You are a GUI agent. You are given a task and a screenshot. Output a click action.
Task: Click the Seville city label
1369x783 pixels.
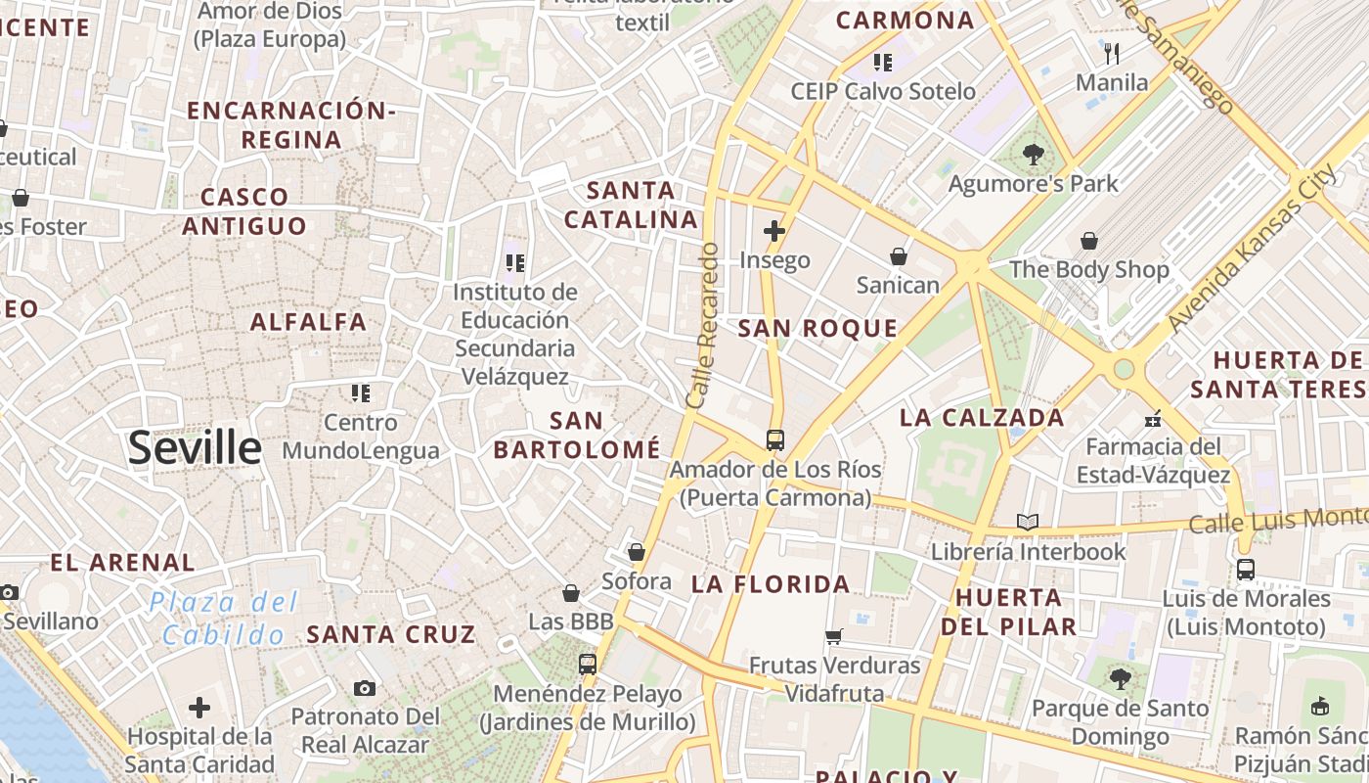tap(195, 448)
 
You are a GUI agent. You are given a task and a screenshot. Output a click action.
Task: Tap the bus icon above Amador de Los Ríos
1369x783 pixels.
tap(775, 439)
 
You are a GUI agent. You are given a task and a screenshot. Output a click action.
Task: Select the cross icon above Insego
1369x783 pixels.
tap(774, 231)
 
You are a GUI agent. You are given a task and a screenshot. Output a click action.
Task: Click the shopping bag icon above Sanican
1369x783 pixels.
tap(899, 256)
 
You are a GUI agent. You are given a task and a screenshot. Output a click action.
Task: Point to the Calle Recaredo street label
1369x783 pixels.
tap(703, 326)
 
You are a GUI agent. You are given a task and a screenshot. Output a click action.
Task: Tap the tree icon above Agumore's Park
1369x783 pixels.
tap(1033, 154)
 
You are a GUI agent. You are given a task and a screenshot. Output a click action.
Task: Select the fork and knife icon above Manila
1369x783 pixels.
tap(1111, 53)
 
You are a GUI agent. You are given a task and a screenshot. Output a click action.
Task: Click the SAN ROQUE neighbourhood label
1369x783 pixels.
tap(817, 329)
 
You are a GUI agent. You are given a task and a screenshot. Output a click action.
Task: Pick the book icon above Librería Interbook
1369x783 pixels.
tap(1027, 522)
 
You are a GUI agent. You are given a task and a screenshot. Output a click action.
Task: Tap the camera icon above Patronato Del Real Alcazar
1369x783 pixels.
tap(365, 688)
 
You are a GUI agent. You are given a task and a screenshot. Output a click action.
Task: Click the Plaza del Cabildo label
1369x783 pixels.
tap(224, 619)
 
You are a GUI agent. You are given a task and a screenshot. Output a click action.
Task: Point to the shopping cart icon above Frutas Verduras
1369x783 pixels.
tap(834, 636)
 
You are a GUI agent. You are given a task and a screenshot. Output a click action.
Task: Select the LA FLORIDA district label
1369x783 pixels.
tap(771, 585)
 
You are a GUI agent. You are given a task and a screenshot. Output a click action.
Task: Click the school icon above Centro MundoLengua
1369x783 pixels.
tap(361, 393)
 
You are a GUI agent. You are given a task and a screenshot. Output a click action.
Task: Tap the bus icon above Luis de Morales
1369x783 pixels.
tap(1245, 569)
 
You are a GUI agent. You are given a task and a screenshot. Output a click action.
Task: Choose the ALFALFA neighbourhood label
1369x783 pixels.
tap(308, 322)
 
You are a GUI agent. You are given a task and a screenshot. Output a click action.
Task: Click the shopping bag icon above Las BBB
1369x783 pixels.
tap(571, 593)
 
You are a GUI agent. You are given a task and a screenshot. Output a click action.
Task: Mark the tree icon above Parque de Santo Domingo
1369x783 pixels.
tap(1121, 678)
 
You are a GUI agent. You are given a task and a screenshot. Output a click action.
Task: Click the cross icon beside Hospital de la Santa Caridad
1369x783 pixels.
tap(199, 707)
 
